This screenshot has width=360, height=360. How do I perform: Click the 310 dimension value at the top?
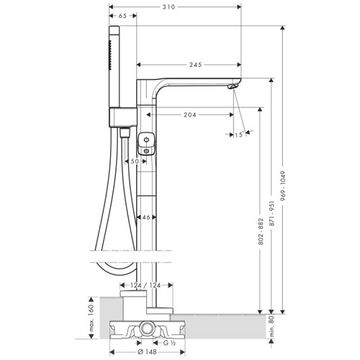click(169, 7)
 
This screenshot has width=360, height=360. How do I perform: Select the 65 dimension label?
click(122, 16)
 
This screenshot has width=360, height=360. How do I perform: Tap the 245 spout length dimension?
click(196, 65)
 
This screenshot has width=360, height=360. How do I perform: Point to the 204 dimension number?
click(190, 115)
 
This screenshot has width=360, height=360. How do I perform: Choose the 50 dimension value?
click(135, 161)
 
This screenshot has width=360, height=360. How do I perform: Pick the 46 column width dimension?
click(146, 217)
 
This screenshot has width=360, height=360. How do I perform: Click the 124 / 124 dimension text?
click(145, 285)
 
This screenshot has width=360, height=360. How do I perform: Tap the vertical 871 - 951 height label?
click(272, 213)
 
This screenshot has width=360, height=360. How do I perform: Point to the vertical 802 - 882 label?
click(261, 232)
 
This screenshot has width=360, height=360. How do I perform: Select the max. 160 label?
click(91, 318)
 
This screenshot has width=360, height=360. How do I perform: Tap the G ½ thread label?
click(170, 343)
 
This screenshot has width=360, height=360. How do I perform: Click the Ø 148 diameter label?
click(148, 352)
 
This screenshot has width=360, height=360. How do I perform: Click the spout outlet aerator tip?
click(233, 86)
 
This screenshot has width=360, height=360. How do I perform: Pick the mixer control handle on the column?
click(146, 144)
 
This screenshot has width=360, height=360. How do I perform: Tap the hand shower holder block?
click(123, 117)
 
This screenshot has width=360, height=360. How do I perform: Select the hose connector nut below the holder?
click(125, 132)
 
